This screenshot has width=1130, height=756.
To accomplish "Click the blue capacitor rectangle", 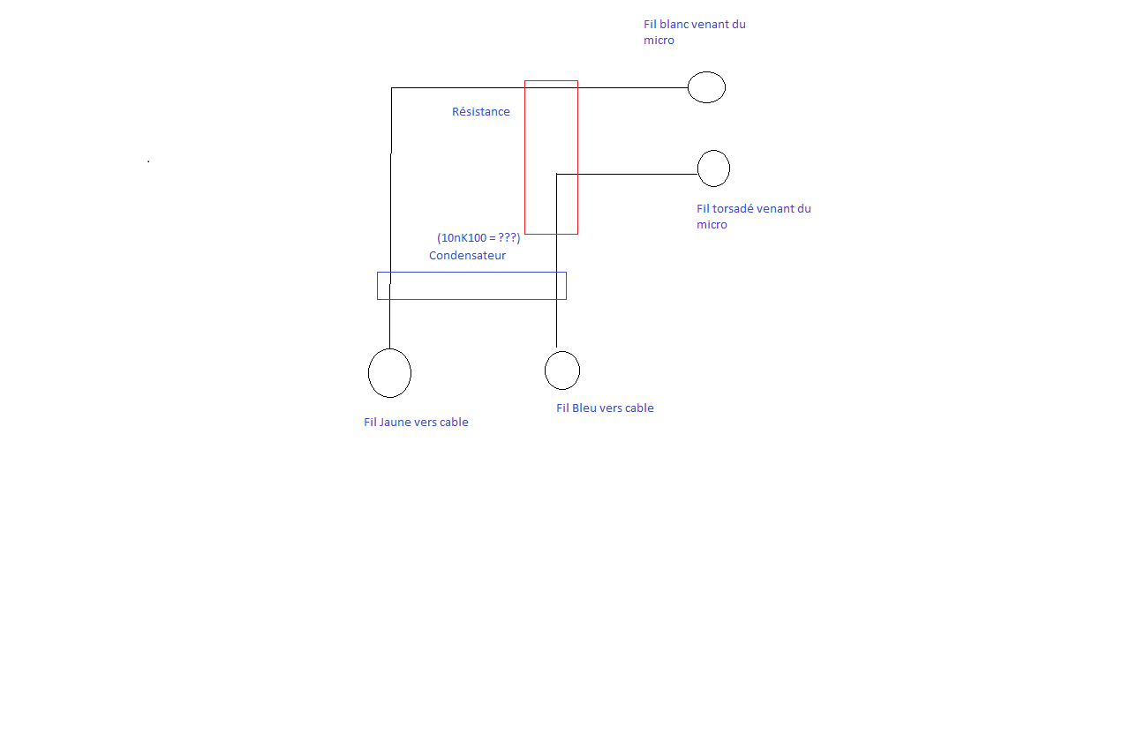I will pos(471,286).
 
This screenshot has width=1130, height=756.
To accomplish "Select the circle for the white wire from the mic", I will pos(706,87).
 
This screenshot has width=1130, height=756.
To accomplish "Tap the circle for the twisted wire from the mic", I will pos(713,168).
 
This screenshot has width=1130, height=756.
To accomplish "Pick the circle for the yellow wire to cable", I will pos(389,373).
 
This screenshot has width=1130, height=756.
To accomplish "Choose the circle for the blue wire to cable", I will pos(562,371).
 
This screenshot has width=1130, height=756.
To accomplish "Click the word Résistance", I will pos(481,112).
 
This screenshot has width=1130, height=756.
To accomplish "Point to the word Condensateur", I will pos(467,256).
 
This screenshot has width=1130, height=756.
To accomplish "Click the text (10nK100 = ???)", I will pos(478,238).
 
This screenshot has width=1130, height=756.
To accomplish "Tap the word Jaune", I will pos(395,423).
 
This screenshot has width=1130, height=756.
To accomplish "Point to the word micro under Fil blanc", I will pos(659,41).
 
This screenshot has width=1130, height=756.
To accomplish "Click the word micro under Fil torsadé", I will pos(712,225).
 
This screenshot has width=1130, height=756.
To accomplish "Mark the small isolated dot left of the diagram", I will pos(148,161).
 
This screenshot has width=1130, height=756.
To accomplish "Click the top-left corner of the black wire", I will pos(391,88).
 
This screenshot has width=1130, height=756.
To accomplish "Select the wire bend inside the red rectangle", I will pos(557,175).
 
